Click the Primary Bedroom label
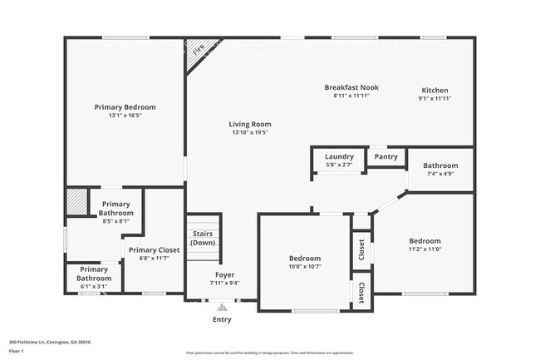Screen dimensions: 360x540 point(125,107)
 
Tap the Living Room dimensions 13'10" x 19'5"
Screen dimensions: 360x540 point(250,133)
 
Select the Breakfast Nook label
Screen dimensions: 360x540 point(351,87)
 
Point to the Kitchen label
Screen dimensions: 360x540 point(434,90)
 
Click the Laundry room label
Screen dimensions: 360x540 point(339,156)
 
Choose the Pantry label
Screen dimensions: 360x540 point(385,156)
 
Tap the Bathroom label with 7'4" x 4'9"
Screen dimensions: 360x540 point(440,165)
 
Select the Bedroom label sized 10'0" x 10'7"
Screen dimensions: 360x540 point(304,259)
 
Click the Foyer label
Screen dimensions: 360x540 point(224,274)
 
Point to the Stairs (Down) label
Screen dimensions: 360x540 point(204,239)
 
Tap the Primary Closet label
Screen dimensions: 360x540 point(154,249)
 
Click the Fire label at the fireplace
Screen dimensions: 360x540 point(198,49)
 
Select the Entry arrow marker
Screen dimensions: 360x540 point(222,307)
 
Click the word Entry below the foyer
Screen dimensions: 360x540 point(222,319)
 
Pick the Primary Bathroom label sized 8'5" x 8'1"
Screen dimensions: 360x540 point(115,209)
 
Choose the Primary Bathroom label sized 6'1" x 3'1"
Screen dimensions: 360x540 point(93,274)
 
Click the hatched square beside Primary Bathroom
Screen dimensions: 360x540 point(77,202)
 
